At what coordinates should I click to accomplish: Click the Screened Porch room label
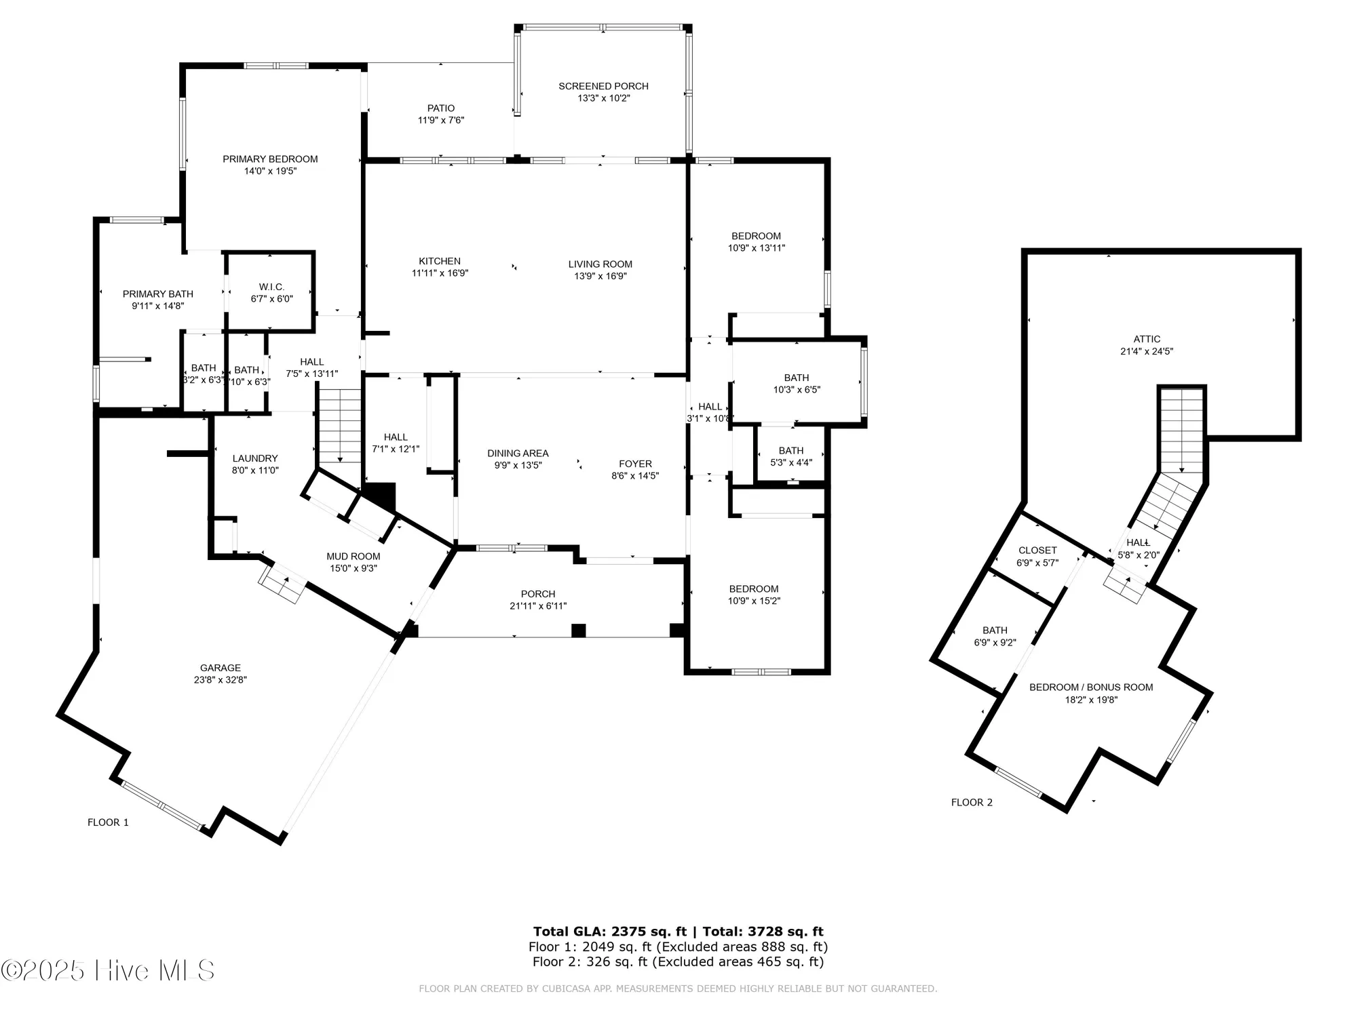603,86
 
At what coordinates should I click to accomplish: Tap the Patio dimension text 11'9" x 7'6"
441,120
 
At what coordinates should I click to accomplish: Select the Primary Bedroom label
270,159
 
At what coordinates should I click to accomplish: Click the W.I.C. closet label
271,287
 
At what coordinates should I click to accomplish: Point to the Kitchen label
440,261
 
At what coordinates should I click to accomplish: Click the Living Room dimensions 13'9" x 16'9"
600,276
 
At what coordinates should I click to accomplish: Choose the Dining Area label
518,453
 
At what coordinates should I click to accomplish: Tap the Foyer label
635,464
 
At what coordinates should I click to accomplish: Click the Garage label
220,668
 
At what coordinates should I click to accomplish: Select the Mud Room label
353,556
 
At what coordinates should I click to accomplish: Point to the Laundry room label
255,458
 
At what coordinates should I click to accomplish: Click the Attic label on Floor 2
1147,339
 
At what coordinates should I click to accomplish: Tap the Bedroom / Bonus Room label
1091,687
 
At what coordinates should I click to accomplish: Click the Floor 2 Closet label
1037,551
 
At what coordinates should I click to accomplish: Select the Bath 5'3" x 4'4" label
791,450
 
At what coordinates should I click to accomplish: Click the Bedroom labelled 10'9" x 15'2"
754,589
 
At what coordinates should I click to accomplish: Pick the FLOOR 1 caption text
108,822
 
